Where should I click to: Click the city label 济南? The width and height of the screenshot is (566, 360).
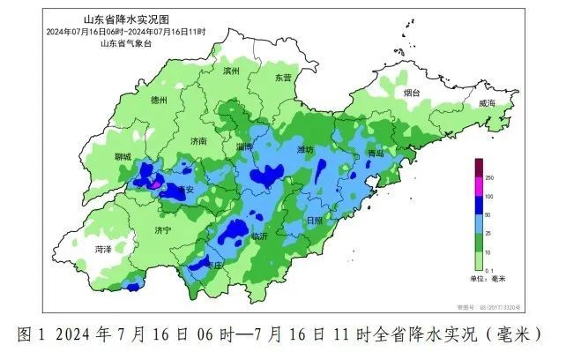(198, 140)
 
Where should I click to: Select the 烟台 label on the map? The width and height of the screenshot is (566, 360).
(412, 92)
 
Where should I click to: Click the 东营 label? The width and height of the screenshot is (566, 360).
(282, 78)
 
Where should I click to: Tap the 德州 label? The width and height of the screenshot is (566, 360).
(160, 101)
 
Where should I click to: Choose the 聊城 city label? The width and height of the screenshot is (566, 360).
(122, 156)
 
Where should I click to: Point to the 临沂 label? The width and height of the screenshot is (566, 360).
(259, 236)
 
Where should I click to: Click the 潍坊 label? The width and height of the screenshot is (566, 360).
(306, 150)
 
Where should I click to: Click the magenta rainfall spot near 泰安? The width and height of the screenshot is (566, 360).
(155, 185)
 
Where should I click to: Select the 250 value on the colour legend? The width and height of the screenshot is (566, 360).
(491, 178)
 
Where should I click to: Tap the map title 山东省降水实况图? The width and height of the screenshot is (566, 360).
(117, 20)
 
